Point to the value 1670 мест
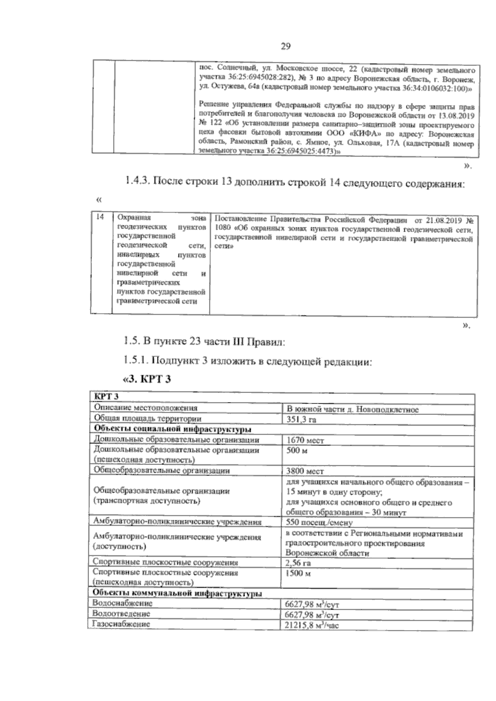(x=305, y=440)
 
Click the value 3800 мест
(x=305, y=471)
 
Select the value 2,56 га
(x=298, y=563)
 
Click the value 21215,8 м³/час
(x=312, y=625)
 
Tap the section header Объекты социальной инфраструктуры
(x=173, y=429)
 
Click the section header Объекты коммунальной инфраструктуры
(x=176, y=593)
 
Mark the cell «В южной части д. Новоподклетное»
(x=353, y=409)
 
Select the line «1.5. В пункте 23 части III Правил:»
(x=204, y=342)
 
